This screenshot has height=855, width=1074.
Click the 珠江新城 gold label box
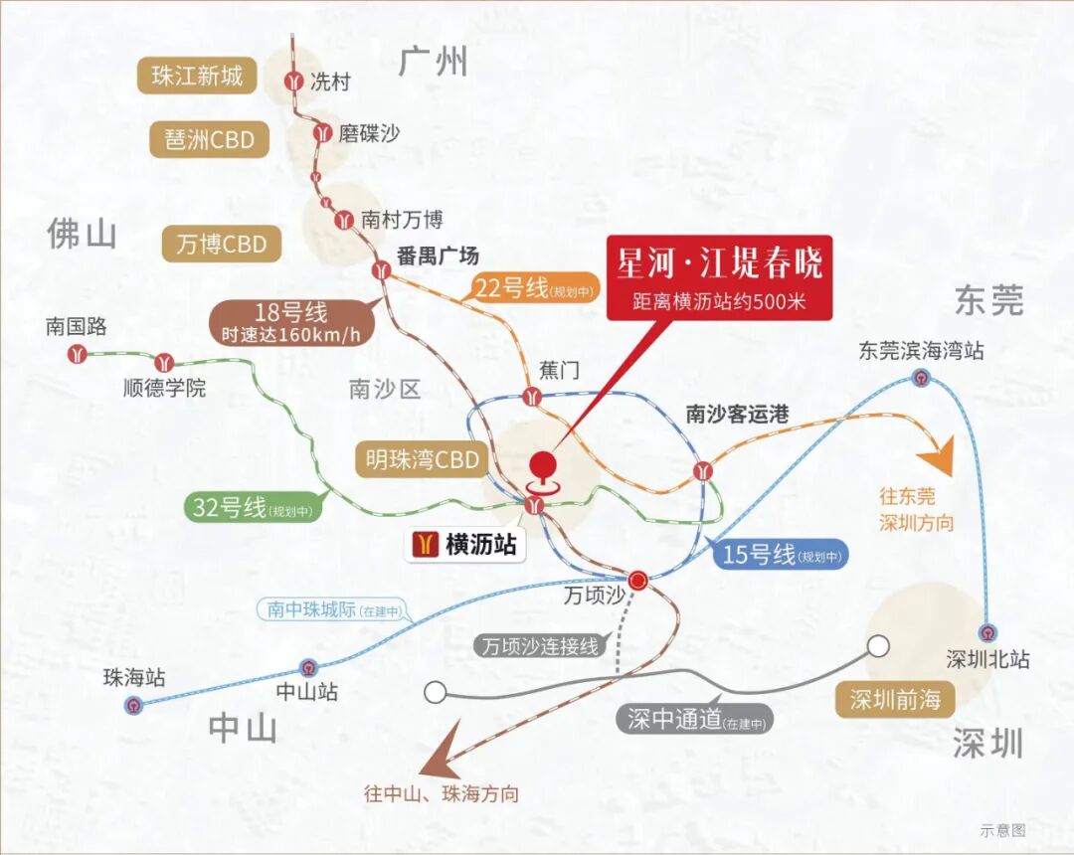(x=197, y=76)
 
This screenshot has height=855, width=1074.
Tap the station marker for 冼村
(x=294, y=82)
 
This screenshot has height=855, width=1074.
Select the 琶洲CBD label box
(x=210, y=140)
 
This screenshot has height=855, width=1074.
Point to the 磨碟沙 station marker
(x=322, y=132)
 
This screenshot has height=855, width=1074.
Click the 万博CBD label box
(x=221, y=244)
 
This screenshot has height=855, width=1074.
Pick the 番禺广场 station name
(x=438, y=256)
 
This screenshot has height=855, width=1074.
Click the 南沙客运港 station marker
(x=703, y=468)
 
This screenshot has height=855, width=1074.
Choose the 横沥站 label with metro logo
(x=464, y=544)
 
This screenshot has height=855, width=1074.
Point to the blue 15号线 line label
(x=780, y=555)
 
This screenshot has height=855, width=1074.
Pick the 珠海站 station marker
(x=134, y=705)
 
